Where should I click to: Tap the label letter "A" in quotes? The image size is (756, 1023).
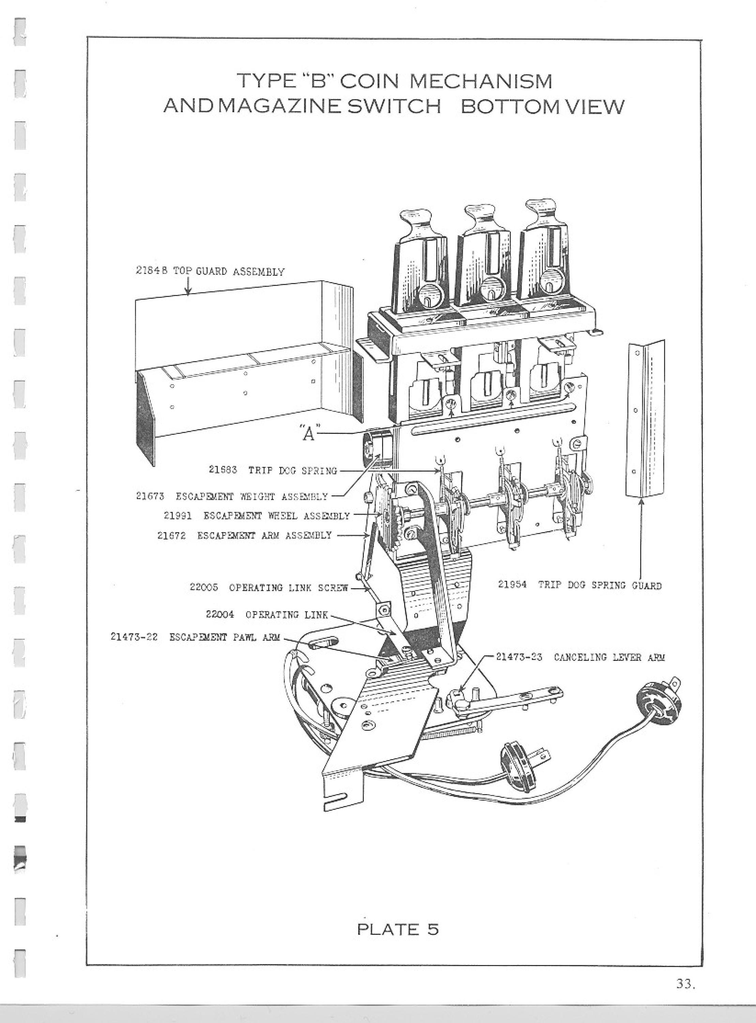[x=309, y=432]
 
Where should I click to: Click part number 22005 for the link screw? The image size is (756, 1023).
[x=204, y=587]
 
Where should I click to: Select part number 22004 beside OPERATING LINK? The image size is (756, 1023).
[x=220, y=614]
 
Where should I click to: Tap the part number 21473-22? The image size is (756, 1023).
[x=134, y=637]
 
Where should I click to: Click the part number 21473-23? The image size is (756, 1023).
[x=519, y=657]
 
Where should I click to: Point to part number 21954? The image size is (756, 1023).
[x=512, y=584]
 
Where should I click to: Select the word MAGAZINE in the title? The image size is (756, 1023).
[x=278, y=107]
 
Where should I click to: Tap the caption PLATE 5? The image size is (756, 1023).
[x=398, y=929]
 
